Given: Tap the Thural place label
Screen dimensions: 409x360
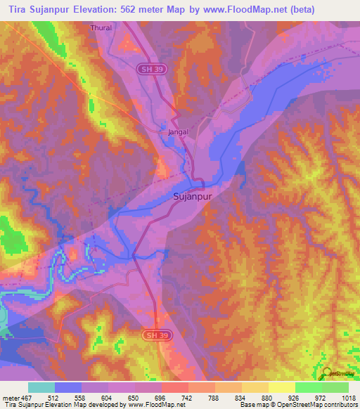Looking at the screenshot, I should coord(102,28).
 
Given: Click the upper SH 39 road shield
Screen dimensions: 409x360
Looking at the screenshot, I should coord(146,67).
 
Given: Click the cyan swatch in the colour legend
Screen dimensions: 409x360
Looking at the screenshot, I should coord(41,387).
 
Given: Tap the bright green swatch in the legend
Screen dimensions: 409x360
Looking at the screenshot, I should coord(308,387).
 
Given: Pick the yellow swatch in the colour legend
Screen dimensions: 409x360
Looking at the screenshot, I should coord(281,387).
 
